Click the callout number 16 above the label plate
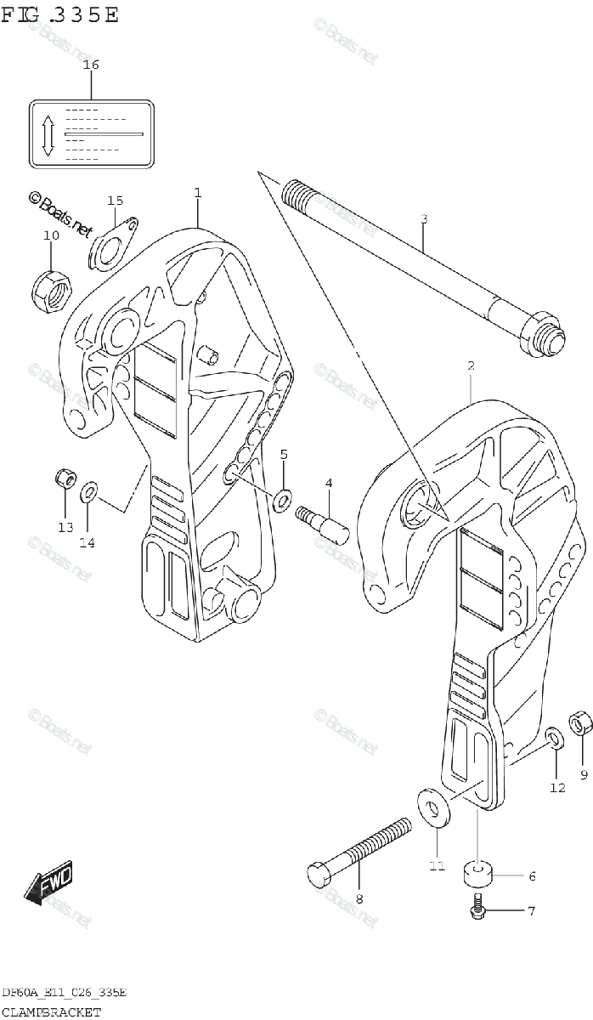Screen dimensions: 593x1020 point(91,65)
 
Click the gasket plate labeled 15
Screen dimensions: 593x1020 point(114,244)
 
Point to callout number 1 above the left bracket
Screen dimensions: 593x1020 point(198,193)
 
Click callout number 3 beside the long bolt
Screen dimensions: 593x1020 point(424,218)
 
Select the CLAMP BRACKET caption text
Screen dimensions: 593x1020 point(51,1011)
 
